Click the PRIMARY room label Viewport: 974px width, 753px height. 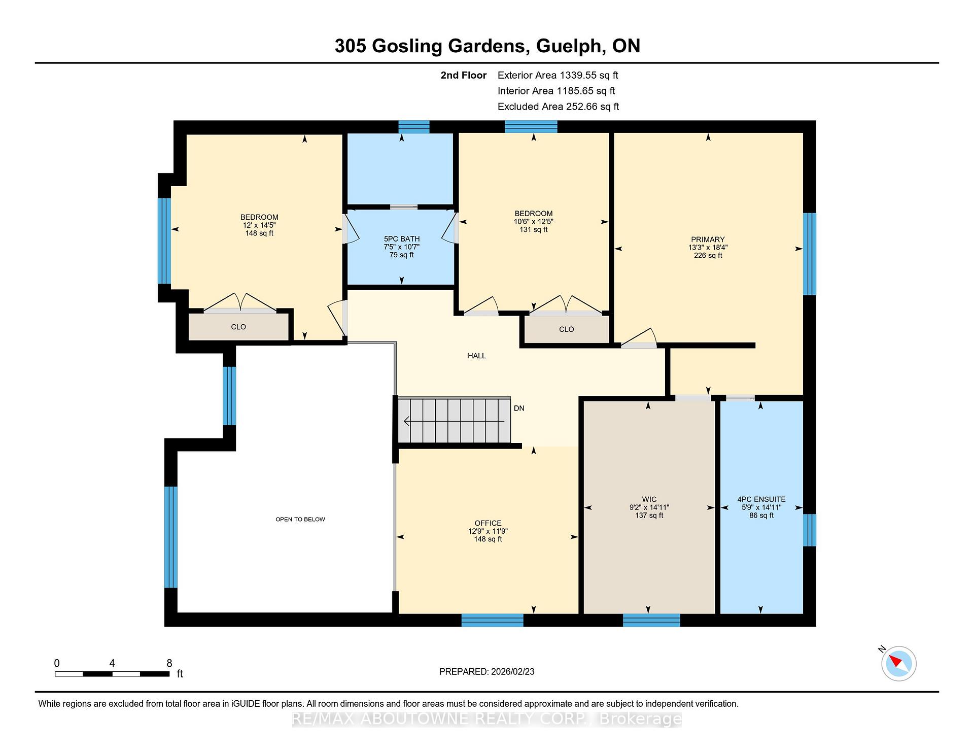[x=708, y=239]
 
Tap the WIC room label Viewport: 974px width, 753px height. [x=649, y=499]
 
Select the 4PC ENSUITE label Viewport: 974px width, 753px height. [x=761, y=499]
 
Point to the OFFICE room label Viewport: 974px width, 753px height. [x=488, y=523]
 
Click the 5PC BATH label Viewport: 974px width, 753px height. [x=402, y=239]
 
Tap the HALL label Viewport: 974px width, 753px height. [x=477, y=356]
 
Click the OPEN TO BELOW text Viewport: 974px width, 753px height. [x=300, y=519]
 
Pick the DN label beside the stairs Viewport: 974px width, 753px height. [x=519, y=408]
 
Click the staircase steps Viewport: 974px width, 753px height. [x=454, y=421]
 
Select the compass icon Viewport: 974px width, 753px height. [x=899, y=663]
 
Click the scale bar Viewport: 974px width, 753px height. [x=112, y=674]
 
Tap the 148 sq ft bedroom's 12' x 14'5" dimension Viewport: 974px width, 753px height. [x=259, y=225]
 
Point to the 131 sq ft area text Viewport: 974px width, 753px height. [x=534, y=229]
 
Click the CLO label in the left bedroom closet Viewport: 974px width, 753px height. [x=238, y=327]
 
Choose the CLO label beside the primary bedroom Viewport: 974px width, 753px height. [x=567, y=329]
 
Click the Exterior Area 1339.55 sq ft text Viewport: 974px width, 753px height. [x=558, y=76]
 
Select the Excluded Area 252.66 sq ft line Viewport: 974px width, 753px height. [x=559, y=107]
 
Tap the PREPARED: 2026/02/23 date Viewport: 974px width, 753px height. [x=487, y=671]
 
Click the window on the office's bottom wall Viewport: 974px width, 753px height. [x=492, y=620]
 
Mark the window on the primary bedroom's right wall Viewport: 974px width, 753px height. [x=810, y=254]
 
